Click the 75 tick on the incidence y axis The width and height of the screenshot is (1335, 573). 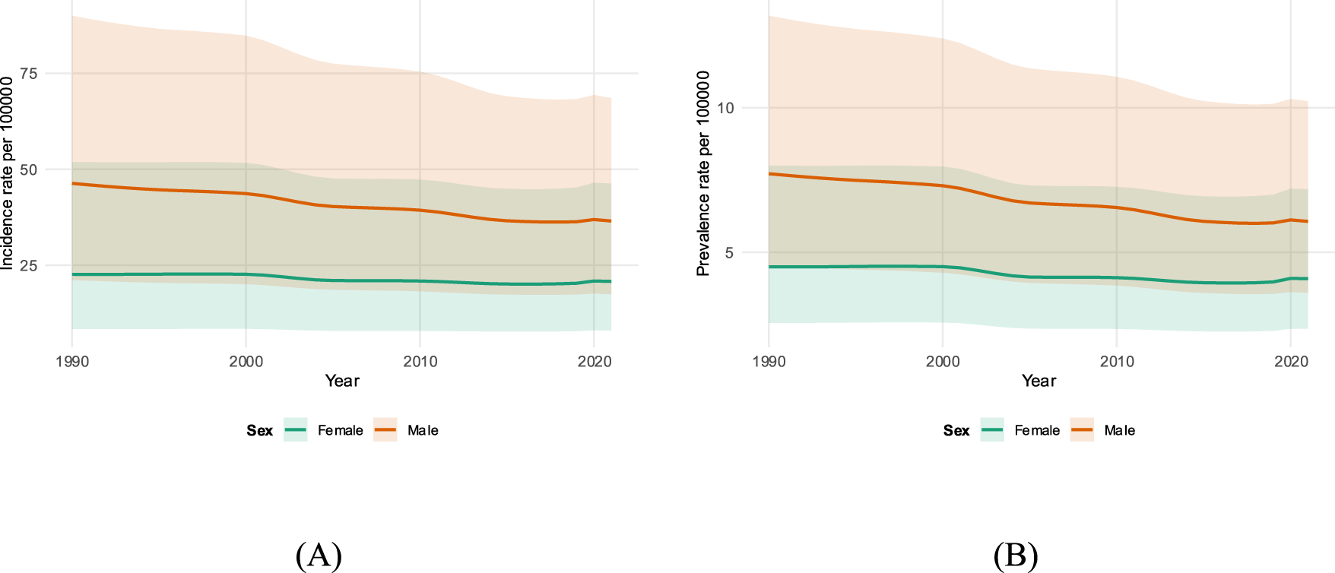click(29, 74)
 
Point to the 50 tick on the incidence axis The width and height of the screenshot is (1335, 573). click(29, 169)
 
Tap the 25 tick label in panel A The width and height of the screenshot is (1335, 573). click(29, 265)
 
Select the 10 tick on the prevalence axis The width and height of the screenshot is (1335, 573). click(725, 108)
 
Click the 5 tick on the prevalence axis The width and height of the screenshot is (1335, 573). click(729, 252)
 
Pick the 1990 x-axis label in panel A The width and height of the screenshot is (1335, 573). click(72, 362)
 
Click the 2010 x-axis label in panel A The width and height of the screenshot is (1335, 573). click(420, 362)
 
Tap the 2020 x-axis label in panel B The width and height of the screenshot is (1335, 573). click(1291, 362)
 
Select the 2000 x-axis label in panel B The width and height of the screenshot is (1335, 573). click(943, 362)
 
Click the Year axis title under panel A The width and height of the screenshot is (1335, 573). click(342, 381)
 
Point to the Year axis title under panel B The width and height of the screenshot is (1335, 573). click(1039, 381)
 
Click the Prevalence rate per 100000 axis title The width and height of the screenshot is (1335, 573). click(703, 173)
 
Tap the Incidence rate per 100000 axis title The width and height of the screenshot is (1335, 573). click(7, 173)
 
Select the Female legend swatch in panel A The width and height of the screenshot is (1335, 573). click(296, 430)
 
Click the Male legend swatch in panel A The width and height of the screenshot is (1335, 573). click(385, 430)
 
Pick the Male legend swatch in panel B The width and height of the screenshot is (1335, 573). click(1082, 430)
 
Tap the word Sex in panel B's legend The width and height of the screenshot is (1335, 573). click(956, 431)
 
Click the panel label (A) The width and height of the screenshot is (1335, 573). click(319, 556)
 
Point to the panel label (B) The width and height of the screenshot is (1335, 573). click(1016, 556)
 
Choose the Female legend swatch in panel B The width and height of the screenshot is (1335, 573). click(992, 430)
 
